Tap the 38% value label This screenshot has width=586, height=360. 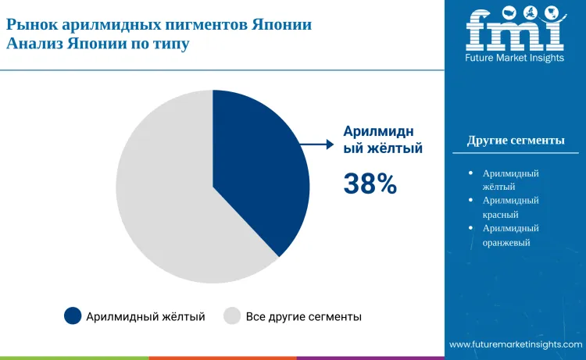[x=370, y=184]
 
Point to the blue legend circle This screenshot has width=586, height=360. [x=73, y=316]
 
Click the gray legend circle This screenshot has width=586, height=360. [x=231, y=316]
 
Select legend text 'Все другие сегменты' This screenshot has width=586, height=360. [x=303, y=316]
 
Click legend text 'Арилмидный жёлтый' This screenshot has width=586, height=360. [x=145, y=316]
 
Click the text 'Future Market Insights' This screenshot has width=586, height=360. [x=514, y=59]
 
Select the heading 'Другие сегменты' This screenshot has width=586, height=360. [x=516, y=141]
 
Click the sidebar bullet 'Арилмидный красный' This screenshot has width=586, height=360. [x=511, y=207]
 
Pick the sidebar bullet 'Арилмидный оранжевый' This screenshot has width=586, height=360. [x=511, y=235]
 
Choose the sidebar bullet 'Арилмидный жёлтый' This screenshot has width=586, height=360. [x=511, y=180]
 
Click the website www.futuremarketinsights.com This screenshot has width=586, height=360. [x=516, y=344]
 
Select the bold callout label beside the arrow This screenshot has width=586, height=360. [x=384, y=139]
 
